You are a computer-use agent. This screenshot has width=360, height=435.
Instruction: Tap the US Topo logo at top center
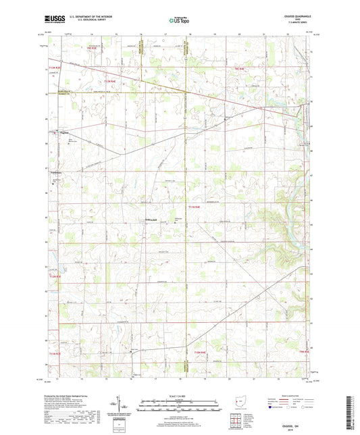[178, 21]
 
